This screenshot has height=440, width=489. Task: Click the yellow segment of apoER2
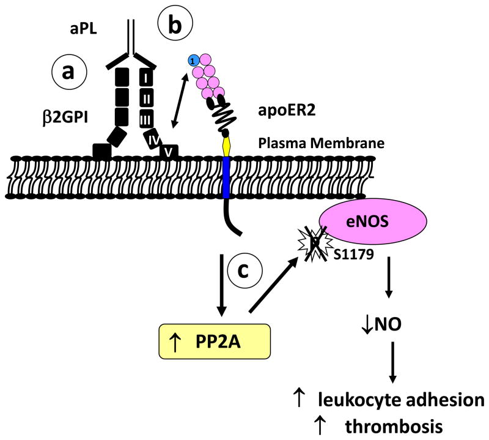227,145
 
